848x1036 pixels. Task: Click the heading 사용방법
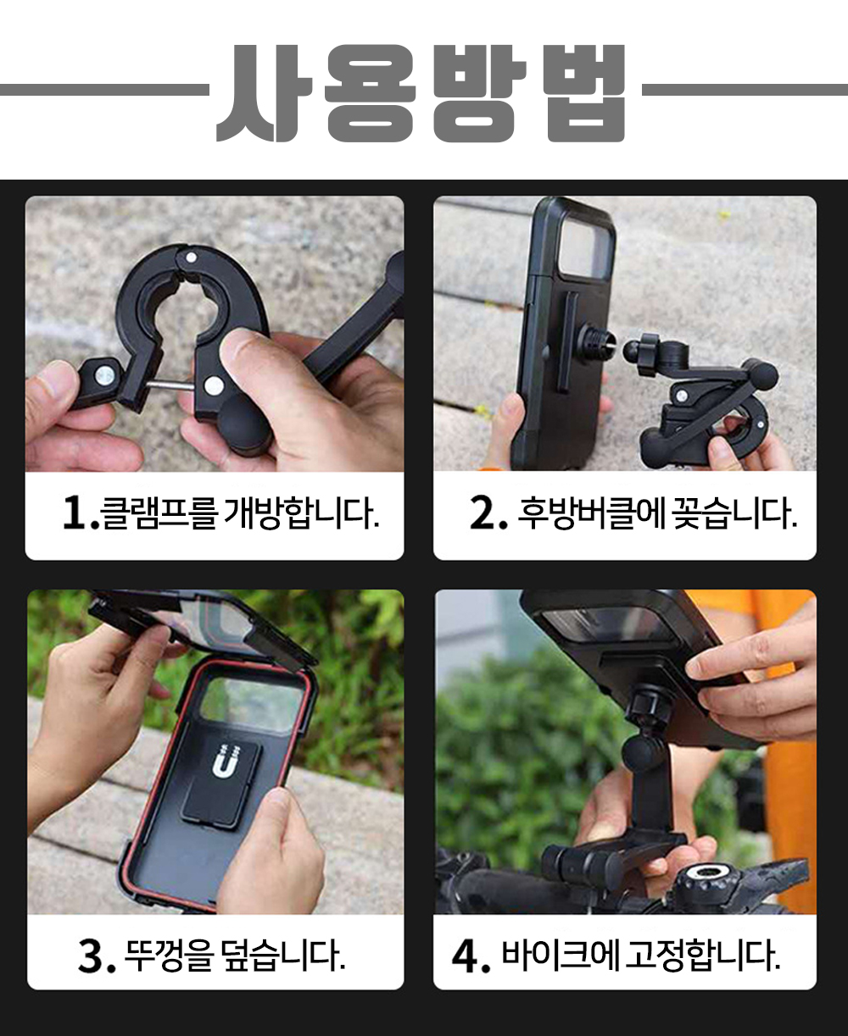pyautogui.click(x=421, y=92)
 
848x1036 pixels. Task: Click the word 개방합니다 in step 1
pyautogui.click(x=301, y=512)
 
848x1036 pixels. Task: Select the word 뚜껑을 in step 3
pyautogui.click(x=168, y=956)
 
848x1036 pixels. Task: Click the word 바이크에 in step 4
pyautogui.click(x=560, y=956)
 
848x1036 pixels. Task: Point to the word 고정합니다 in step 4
pyautogui.click(x=703, y=956)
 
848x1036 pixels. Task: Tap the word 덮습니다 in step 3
pyautogui.click(x=284, y=956)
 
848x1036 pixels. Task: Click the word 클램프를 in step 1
pyautogui.click(x=159, y=512)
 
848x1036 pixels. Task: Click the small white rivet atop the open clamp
pyautogui.click(x=192, y=258)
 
